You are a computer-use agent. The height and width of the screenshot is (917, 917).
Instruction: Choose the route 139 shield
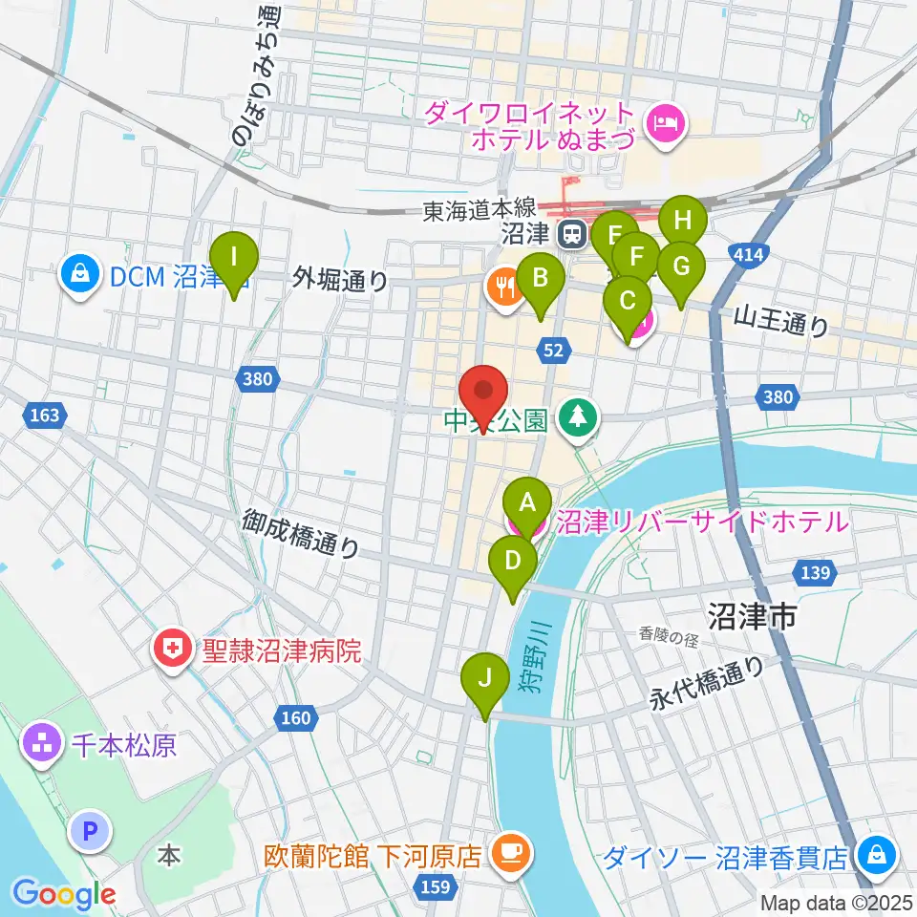pos(814,571)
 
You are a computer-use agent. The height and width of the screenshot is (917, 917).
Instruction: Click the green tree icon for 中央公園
pos(578,417)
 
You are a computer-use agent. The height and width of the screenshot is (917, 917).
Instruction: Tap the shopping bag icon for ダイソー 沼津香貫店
pos(875,854)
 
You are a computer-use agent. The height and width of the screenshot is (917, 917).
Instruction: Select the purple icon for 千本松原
pos(43,744)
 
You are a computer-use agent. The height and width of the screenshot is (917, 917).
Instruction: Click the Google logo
pos(63,893)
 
